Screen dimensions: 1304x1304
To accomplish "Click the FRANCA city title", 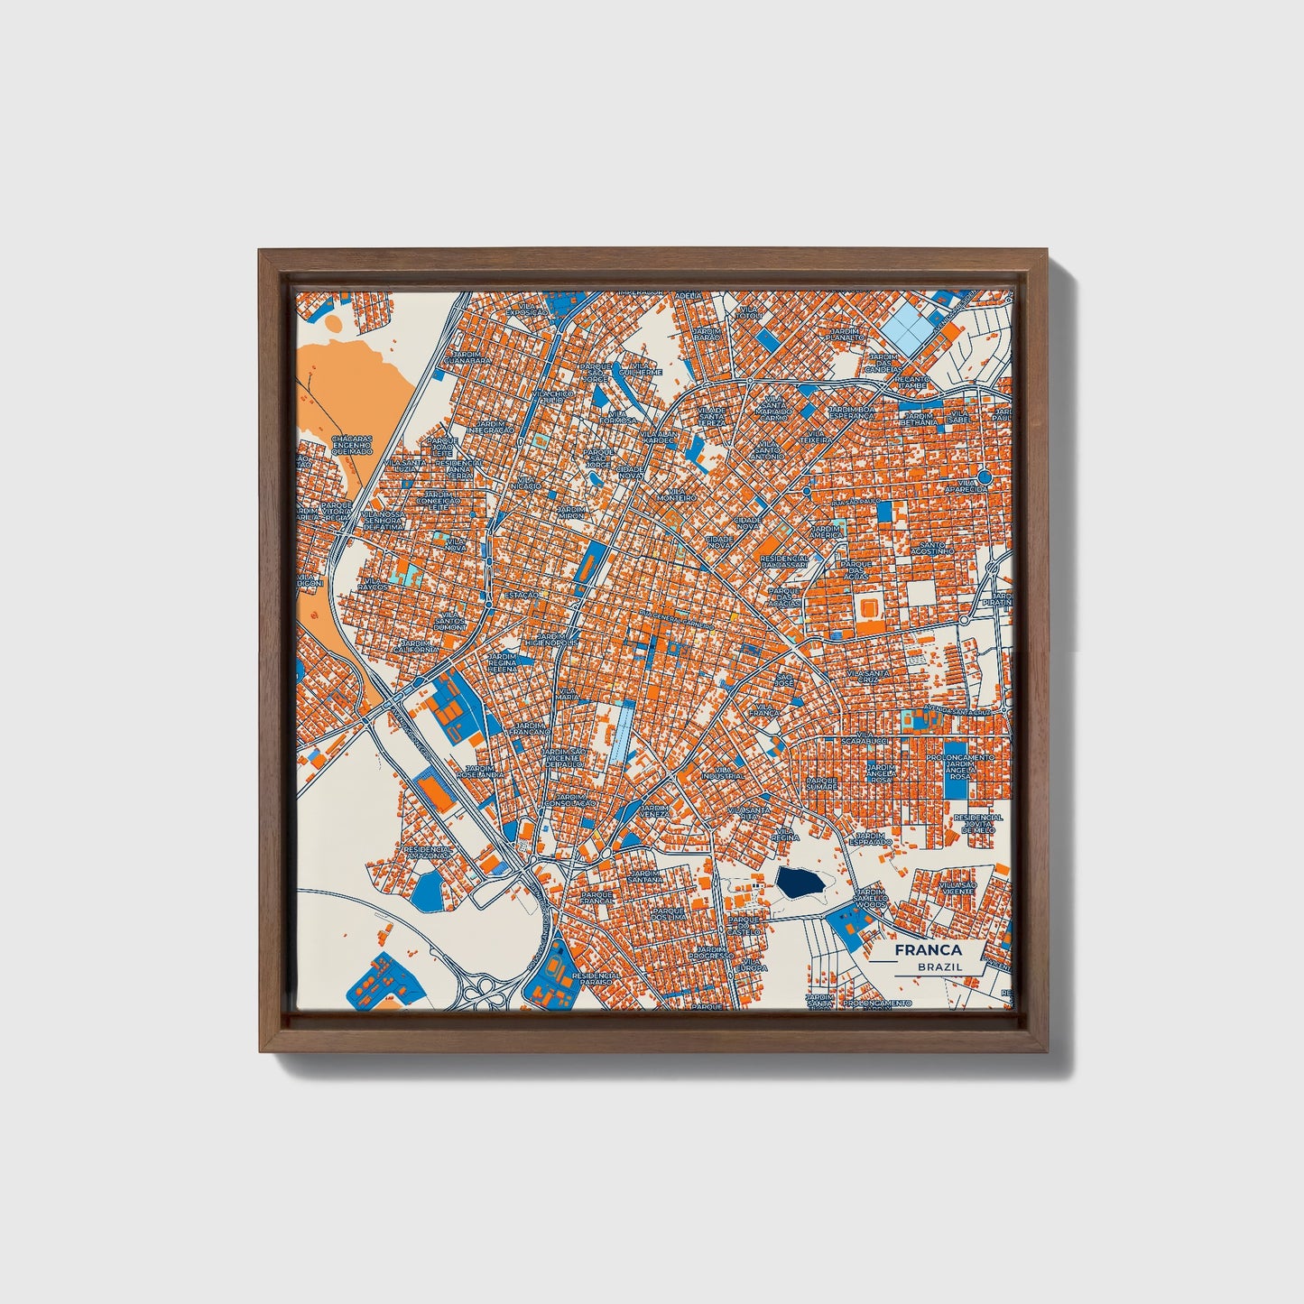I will click(x=928, y=950).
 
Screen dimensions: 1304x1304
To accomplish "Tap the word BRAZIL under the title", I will click(x=939, y=966).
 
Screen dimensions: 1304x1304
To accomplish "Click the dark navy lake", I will click(x=799, y=883).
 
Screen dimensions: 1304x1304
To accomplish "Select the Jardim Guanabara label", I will click(x=472, y=358).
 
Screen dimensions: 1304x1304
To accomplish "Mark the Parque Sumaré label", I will click(x=821, y=783).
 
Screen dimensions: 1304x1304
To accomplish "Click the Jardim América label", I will click(x=825, y=532).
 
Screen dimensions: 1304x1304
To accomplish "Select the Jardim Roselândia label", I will click(x=481, y=774).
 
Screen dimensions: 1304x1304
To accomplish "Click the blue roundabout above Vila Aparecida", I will click(x=984, y=476).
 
